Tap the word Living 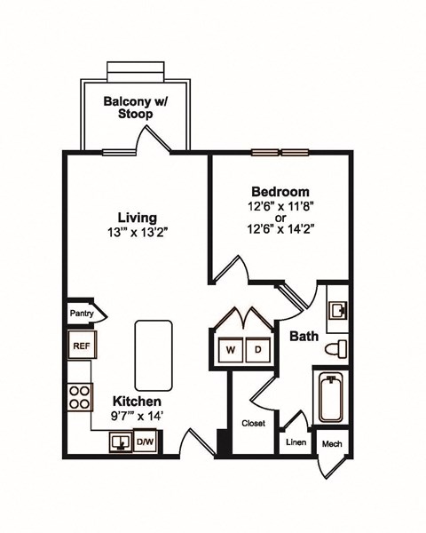click(x=138, y=218)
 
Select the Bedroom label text click(x=280, y=191)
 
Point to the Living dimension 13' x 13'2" click(x=138, y=234)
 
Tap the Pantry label click(x=82, y=313)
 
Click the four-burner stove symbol click(x=80, y=395)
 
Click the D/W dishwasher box click(x=145, y=441)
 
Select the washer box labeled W click(x=230, y=350)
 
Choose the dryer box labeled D click(x=258, y=350)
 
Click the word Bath click(x=304, y=336)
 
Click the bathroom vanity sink click(x=337, y=310)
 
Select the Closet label click(x=254, y=424)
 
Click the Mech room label click(x=332, y=443)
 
